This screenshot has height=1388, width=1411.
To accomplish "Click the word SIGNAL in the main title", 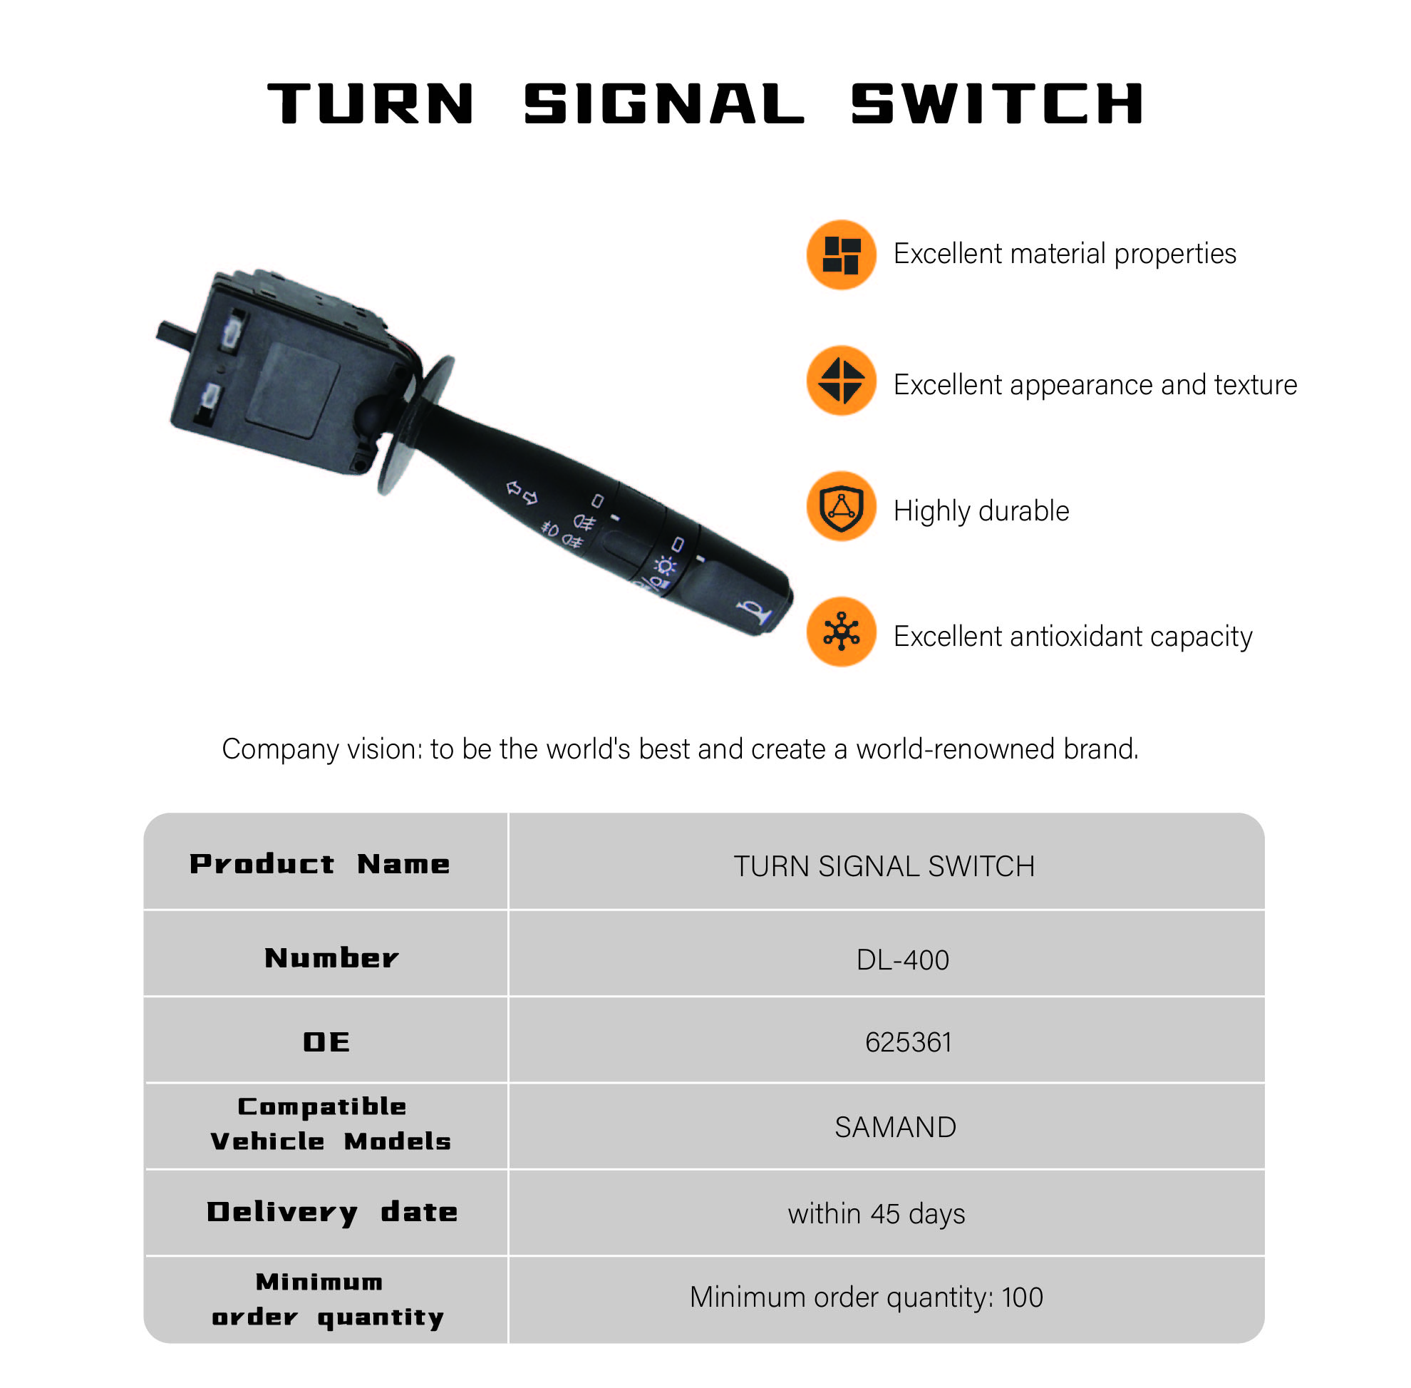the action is click(x=663, y=103).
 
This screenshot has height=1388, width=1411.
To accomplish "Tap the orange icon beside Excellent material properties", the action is click(x=841, y=255).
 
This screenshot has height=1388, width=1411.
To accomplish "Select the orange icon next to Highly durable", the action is click(x=841, y=506).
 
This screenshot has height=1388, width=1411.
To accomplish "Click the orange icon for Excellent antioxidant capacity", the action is click(x=841, y=632).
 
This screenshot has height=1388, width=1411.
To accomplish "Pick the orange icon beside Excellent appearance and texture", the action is click(x=841, y=381).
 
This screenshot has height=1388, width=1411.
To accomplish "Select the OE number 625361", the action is click(x=908, y=1042).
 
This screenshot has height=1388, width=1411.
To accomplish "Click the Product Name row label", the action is click(x=320, y=864).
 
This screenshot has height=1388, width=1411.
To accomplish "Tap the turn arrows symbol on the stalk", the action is click(x=522, y=493).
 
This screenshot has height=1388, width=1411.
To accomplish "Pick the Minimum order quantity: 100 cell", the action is click(x=866, y=1297).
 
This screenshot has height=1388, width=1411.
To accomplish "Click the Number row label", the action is click(x=331, y=958).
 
